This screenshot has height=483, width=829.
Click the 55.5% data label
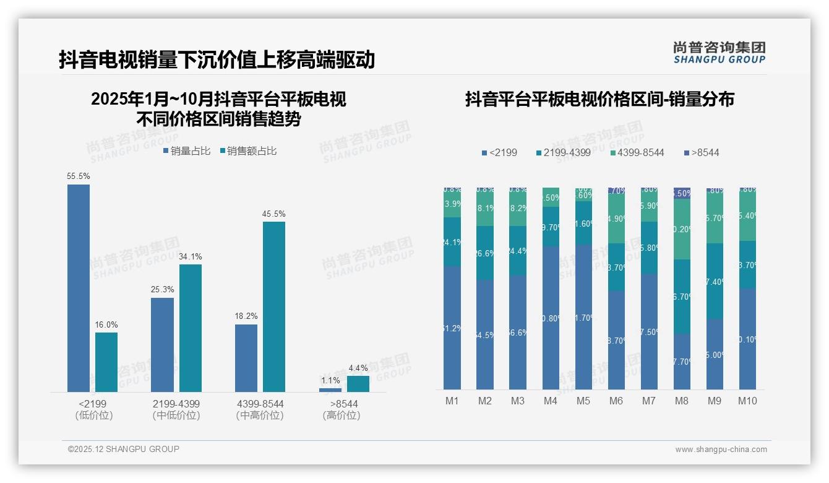(x=79, y=176)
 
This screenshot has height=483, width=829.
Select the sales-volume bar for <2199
(x=79, y=288)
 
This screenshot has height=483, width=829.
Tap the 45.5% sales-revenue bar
(x=274, y=307)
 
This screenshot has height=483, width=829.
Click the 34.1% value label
(x=191, y=256)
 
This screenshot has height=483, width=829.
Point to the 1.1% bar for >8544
(x=330, y=389)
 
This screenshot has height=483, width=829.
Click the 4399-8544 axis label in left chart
(x=260, y=404)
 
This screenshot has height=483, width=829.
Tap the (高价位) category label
(x=341, y=416)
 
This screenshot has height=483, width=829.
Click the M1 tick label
(x=452, y=401)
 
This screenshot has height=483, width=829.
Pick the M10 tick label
(x=747, y=401)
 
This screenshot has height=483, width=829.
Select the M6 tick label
(x=616, y=401)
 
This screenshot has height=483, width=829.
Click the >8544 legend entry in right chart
(x=702, y=152)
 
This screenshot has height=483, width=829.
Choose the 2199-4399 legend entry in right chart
(x=563, y=152)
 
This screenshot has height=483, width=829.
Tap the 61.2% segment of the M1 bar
(x=452, y=328)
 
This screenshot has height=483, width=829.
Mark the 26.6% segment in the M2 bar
(x=485, y=253)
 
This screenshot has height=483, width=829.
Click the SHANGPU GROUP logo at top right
(x=719, y=53)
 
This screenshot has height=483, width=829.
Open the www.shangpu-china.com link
(x=721, y=450)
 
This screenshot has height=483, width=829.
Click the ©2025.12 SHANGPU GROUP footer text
(x=124, y=449)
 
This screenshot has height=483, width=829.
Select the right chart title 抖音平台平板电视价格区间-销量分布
(x=599, y=99)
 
